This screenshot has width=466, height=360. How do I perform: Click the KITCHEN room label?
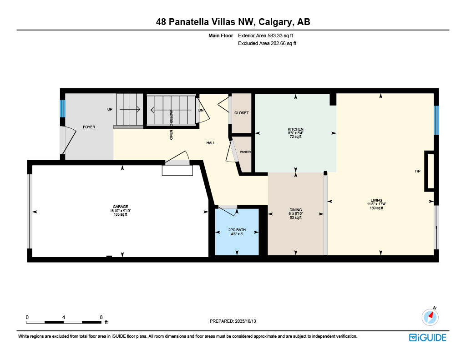295,129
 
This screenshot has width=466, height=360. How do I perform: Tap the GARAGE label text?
120,207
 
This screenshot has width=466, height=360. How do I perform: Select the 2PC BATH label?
237,230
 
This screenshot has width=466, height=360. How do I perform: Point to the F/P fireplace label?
418,171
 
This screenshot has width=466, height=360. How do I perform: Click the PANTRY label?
245,152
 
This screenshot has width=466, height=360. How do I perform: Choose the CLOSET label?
241,113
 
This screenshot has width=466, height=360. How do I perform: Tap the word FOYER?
89,127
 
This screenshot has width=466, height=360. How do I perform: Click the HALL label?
211,143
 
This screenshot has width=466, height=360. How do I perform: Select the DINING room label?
295,209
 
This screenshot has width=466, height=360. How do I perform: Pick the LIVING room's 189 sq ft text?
376,208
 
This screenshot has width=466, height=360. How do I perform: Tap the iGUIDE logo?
428,337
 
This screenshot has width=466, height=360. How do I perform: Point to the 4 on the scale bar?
64,317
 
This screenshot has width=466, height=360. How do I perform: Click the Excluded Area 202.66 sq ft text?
267,43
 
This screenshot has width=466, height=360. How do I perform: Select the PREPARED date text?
233,321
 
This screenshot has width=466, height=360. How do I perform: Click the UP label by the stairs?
110,109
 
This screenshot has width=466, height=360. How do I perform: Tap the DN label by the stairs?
201,110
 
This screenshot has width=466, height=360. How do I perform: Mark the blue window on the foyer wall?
62,108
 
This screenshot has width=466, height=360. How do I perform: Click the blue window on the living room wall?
436,120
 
